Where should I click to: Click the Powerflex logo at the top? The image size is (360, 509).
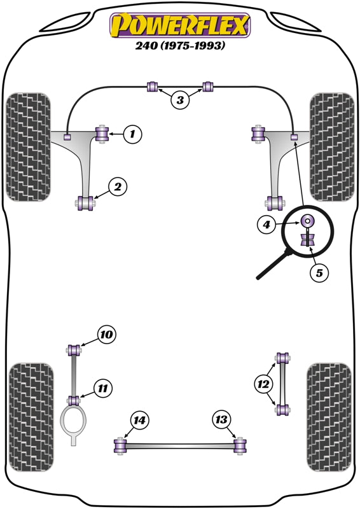tap(180, 26)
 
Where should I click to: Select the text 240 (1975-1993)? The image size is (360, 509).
tap(180, 46)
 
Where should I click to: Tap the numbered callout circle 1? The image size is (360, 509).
tap(132, 134)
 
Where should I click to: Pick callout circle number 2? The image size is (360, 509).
tap(118, 186)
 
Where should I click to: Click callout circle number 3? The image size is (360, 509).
tap(180, 99)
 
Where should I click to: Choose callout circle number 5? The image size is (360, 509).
tap(320, 273)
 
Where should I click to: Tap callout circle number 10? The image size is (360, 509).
tap(107, 333)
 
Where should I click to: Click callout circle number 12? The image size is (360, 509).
tap(262, 384)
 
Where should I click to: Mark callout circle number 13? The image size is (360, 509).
tap(221, 419)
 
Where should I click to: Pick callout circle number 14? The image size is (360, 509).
tap(139, 419)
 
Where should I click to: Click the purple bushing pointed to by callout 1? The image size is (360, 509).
tap(101, 134)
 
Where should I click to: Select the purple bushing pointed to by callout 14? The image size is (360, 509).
tap(119, 447)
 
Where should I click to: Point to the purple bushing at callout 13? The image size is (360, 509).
tap(240, 446)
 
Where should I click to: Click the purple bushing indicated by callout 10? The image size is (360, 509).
tap(74, 349)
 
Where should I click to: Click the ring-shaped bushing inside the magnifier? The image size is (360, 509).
tap(307, 221)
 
